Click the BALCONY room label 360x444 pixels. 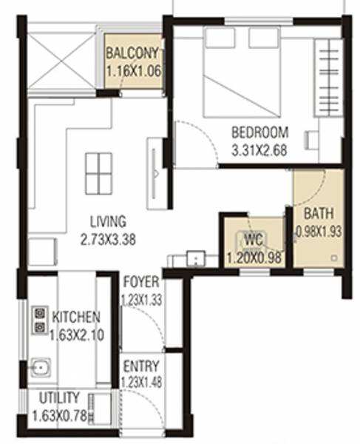coord(133,54)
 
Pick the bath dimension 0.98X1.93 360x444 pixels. coord(319,230)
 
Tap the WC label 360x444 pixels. coord(254,240)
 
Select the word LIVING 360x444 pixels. coord(108,221)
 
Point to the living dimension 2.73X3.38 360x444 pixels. coord(108,240)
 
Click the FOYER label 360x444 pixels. coord(139,281)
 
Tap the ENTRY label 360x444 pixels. coord(139,366)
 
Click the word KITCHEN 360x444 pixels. coord(77,317)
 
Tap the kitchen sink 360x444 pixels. coord(40,366)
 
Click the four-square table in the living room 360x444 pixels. coord(98,172)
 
